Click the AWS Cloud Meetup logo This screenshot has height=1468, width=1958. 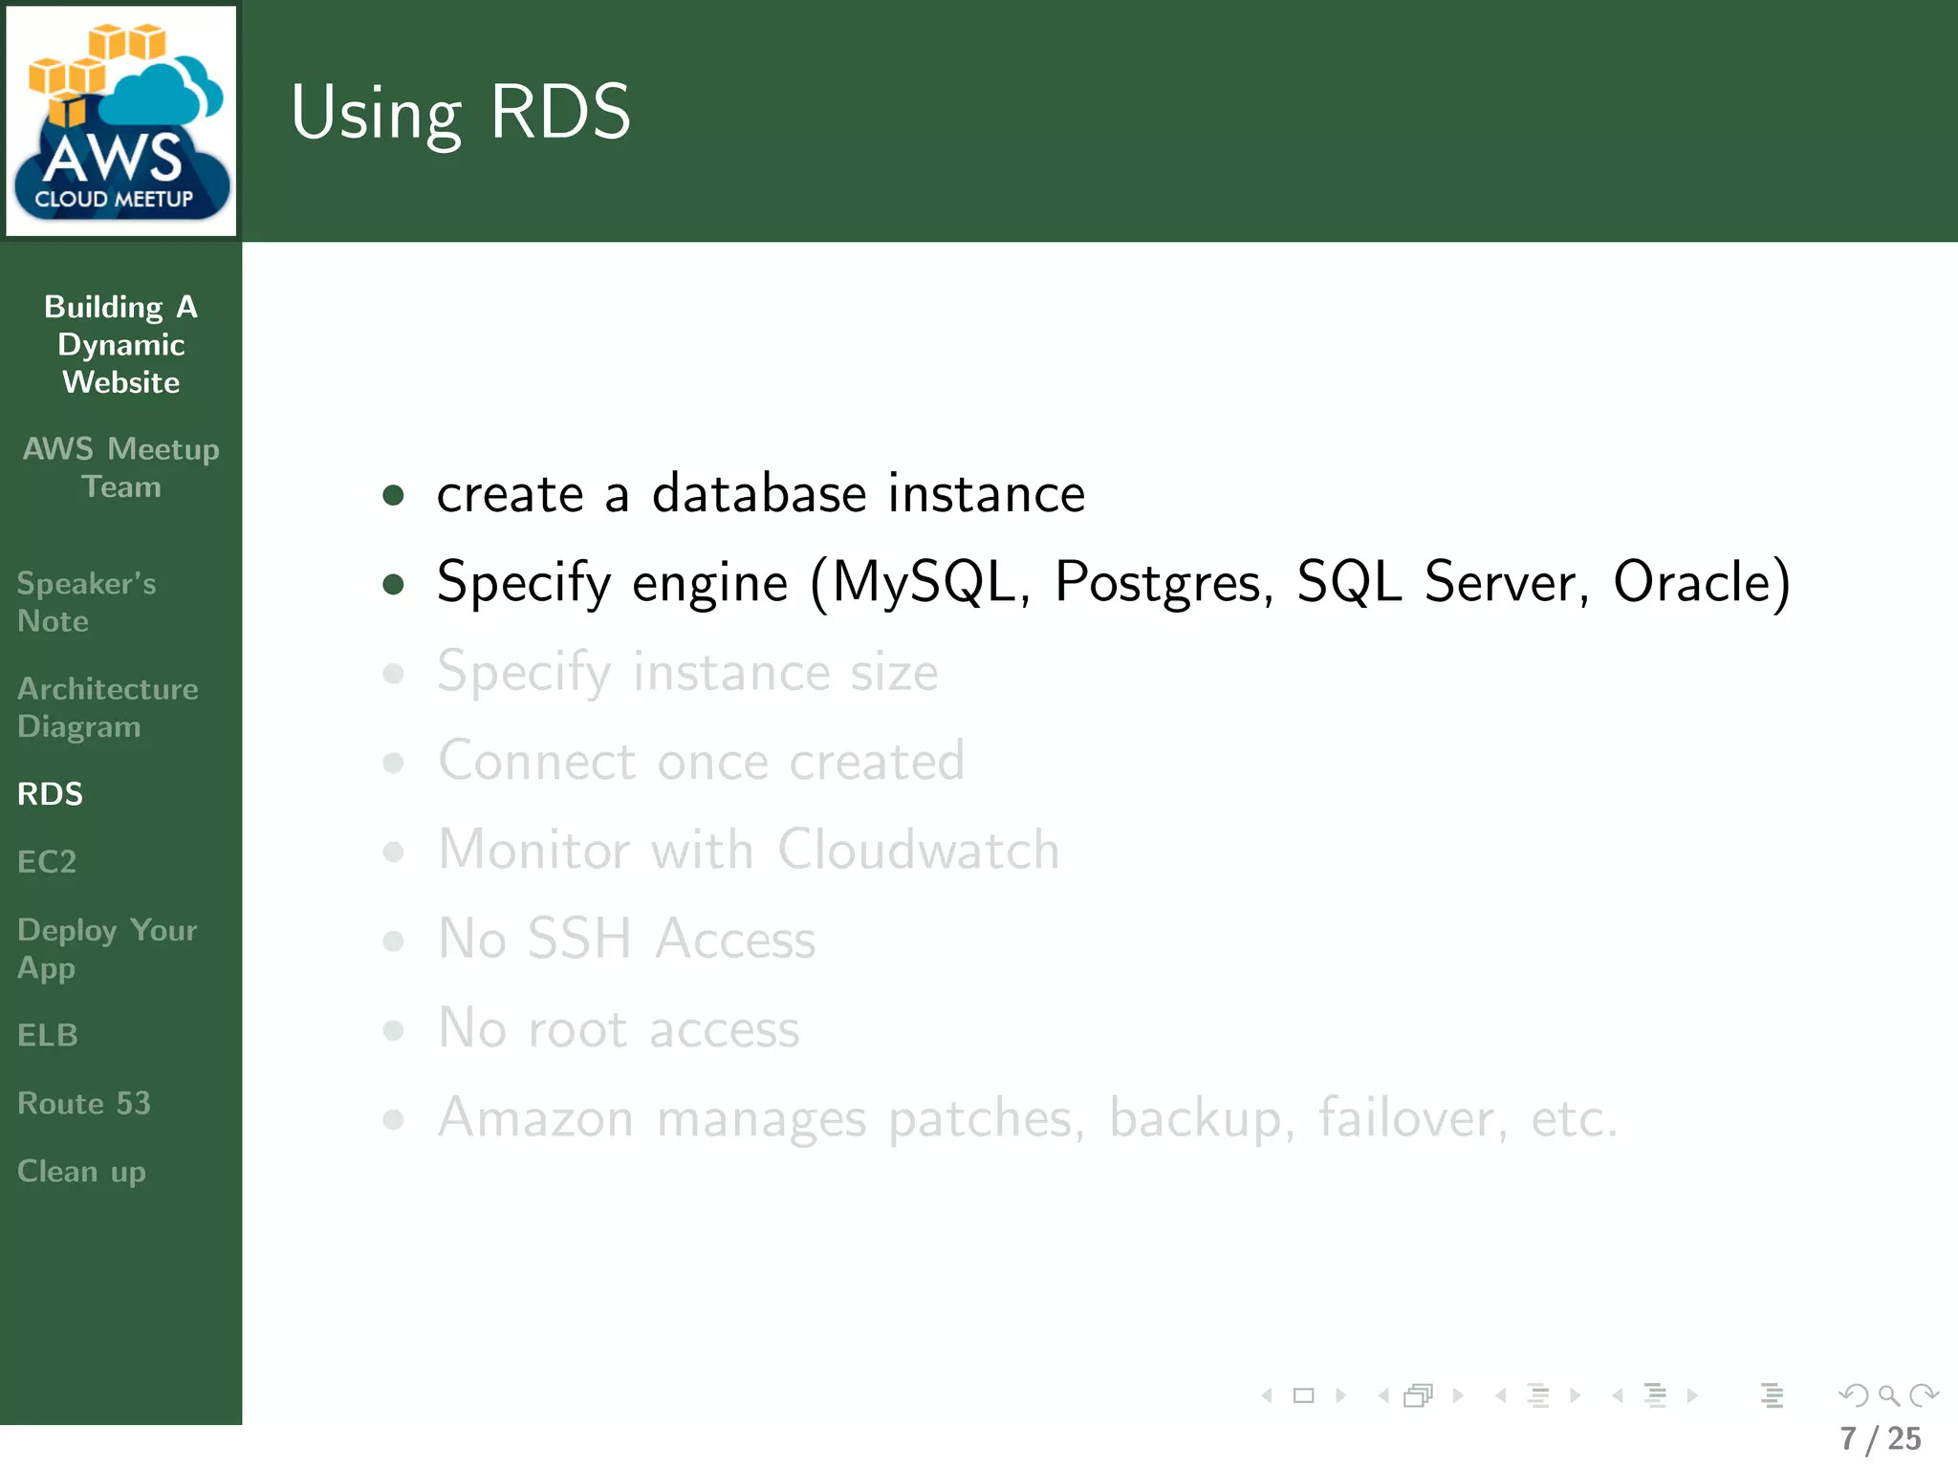coord(121,121)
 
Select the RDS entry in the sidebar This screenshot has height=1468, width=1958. coord(51,794)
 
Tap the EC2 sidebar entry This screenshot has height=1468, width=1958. coord(47,862)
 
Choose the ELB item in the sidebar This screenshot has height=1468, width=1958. coord(48,1035)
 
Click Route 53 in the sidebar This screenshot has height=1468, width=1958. coord(84,1104)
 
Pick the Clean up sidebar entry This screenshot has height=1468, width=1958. coord(81,1172)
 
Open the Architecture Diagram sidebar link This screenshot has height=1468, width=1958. coord(107,707)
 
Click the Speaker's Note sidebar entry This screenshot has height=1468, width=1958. coord(86,602)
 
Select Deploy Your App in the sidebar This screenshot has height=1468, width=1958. coord(107,948)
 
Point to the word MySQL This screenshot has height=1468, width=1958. coord(924,583)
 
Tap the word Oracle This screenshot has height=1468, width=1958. coord(1692,581)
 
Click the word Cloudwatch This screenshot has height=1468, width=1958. coord(918,850)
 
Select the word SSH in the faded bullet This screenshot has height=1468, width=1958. coord(579,939)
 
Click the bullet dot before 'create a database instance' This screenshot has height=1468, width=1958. coord(393,495)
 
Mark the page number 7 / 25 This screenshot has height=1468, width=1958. coord(1881,1438)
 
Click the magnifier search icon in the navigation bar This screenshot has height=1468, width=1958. coord(1888,1395)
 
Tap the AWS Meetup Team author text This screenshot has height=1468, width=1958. coord(121,467)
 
